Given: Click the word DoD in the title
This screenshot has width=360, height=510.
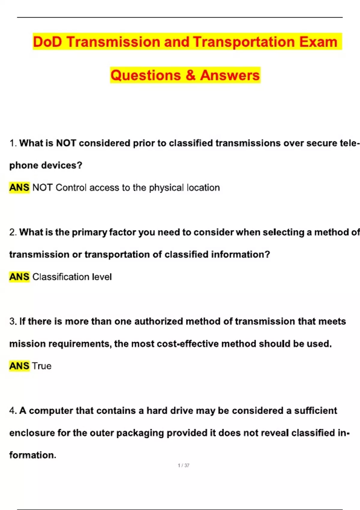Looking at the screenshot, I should point(47,42).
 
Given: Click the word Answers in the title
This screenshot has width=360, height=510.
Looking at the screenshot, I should point(230,75).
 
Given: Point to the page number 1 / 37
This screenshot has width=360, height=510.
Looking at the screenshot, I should point(184,465).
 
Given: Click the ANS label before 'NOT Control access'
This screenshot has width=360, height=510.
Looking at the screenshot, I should point(19,187).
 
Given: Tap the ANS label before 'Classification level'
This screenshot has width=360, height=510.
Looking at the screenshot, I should point(19,277).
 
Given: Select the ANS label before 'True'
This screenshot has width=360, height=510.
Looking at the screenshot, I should point(19,366).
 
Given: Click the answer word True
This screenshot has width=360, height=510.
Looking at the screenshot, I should point(42,366).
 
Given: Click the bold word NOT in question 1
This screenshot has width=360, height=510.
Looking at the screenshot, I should point(66,143).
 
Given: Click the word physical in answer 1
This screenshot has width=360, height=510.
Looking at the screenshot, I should point(166,188).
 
